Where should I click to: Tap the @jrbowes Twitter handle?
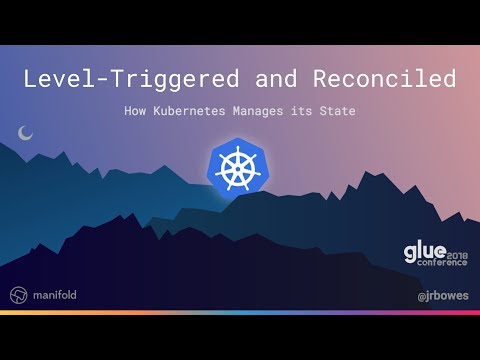point(442,296)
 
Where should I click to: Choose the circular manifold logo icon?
point(18,296)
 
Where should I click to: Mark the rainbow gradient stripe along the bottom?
point(240,313)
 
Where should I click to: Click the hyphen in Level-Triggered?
point(104,79)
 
